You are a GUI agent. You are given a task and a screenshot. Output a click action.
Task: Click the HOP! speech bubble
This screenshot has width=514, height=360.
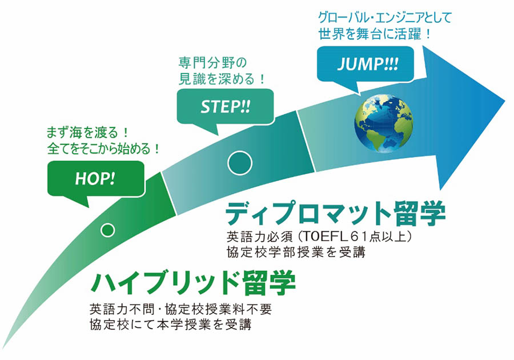click(x=96, y=179)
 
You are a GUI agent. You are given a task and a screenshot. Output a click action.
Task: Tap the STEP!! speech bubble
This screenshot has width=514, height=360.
click(x=225, y=107)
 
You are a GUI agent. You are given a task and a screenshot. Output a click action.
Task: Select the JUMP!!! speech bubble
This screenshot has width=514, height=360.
click(x=366, y=64)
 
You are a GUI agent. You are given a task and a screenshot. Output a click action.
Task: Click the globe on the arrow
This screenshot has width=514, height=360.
click(x=384, y=123)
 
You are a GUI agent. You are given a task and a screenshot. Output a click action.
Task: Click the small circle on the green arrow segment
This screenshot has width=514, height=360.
click(x=107, y=230)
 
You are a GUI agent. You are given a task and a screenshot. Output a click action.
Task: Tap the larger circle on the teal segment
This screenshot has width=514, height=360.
click(x=240, y=163)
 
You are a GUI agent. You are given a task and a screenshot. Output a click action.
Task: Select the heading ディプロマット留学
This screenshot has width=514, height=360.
click(x=335, y=214)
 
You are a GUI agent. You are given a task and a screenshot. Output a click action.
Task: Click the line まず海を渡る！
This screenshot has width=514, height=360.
click(x=87, y=133)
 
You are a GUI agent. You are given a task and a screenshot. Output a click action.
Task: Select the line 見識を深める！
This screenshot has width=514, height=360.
click(x=222, y=79)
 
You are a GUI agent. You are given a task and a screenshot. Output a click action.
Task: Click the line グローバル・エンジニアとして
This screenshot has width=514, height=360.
click(x=385, y=18)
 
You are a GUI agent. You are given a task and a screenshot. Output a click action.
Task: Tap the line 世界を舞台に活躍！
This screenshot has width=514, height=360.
click(x=374, y=34)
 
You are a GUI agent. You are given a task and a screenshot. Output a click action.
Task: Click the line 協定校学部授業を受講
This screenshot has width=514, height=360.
click(x=296, y=252)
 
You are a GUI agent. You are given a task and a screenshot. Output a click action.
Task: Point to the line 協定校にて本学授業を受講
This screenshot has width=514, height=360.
click(x=170, y=324)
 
